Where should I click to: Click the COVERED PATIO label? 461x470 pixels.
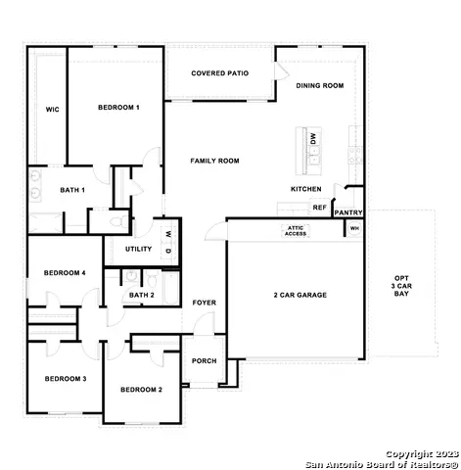click(x=219, y=73)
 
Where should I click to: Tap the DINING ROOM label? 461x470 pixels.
click(x=320, y=86)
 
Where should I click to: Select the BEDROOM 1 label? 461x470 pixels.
click(x=118, y=107)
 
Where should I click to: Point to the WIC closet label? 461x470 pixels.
click(x=52, y=110)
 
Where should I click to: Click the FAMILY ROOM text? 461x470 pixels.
click(x=214, y=161)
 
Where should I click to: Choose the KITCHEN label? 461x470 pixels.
click(x=305, y=189)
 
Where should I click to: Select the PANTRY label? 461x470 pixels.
click(x=348, y=212)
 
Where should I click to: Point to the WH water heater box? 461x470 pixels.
click(x=354, y=229)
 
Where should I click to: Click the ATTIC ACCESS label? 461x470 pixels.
click(x=296, y=231)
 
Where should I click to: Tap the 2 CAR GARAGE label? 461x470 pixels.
click(x=300, y=295)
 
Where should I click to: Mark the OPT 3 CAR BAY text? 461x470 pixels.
click(x=402, y=285)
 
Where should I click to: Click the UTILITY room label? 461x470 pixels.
click(x=138, y=250)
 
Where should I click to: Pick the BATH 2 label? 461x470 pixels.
click(x=142, y=295)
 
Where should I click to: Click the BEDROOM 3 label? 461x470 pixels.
click(x=64, y=378)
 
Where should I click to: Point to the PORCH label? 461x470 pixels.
click(x=205, y=360)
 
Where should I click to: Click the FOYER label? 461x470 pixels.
click(x=204, y=303)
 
